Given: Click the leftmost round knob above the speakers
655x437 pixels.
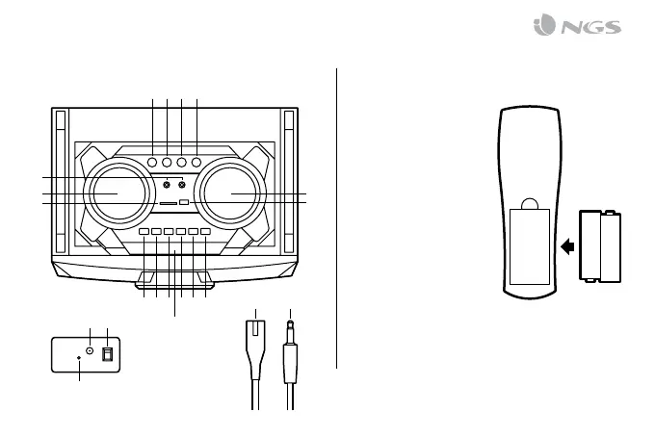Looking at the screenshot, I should [152, 163].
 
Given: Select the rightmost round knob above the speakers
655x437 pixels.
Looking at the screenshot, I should [196, 163].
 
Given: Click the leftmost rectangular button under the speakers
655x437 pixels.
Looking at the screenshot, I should [144, 232].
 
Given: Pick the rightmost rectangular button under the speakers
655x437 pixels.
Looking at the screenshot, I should [204, 232].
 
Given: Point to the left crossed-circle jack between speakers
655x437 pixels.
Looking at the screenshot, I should [167, 184].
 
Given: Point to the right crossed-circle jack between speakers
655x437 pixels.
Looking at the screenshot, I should [181, 184].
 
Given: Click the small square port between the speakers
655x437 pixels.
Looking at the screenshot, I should [183, 202].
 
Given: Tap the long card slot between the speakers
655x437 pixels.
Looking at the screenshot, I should [167, 203].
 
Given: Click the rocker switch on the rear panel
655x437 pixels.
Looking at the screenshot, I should [107, 353].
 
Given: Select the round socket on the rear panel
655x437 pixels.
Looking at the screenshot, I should [89, 350].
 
